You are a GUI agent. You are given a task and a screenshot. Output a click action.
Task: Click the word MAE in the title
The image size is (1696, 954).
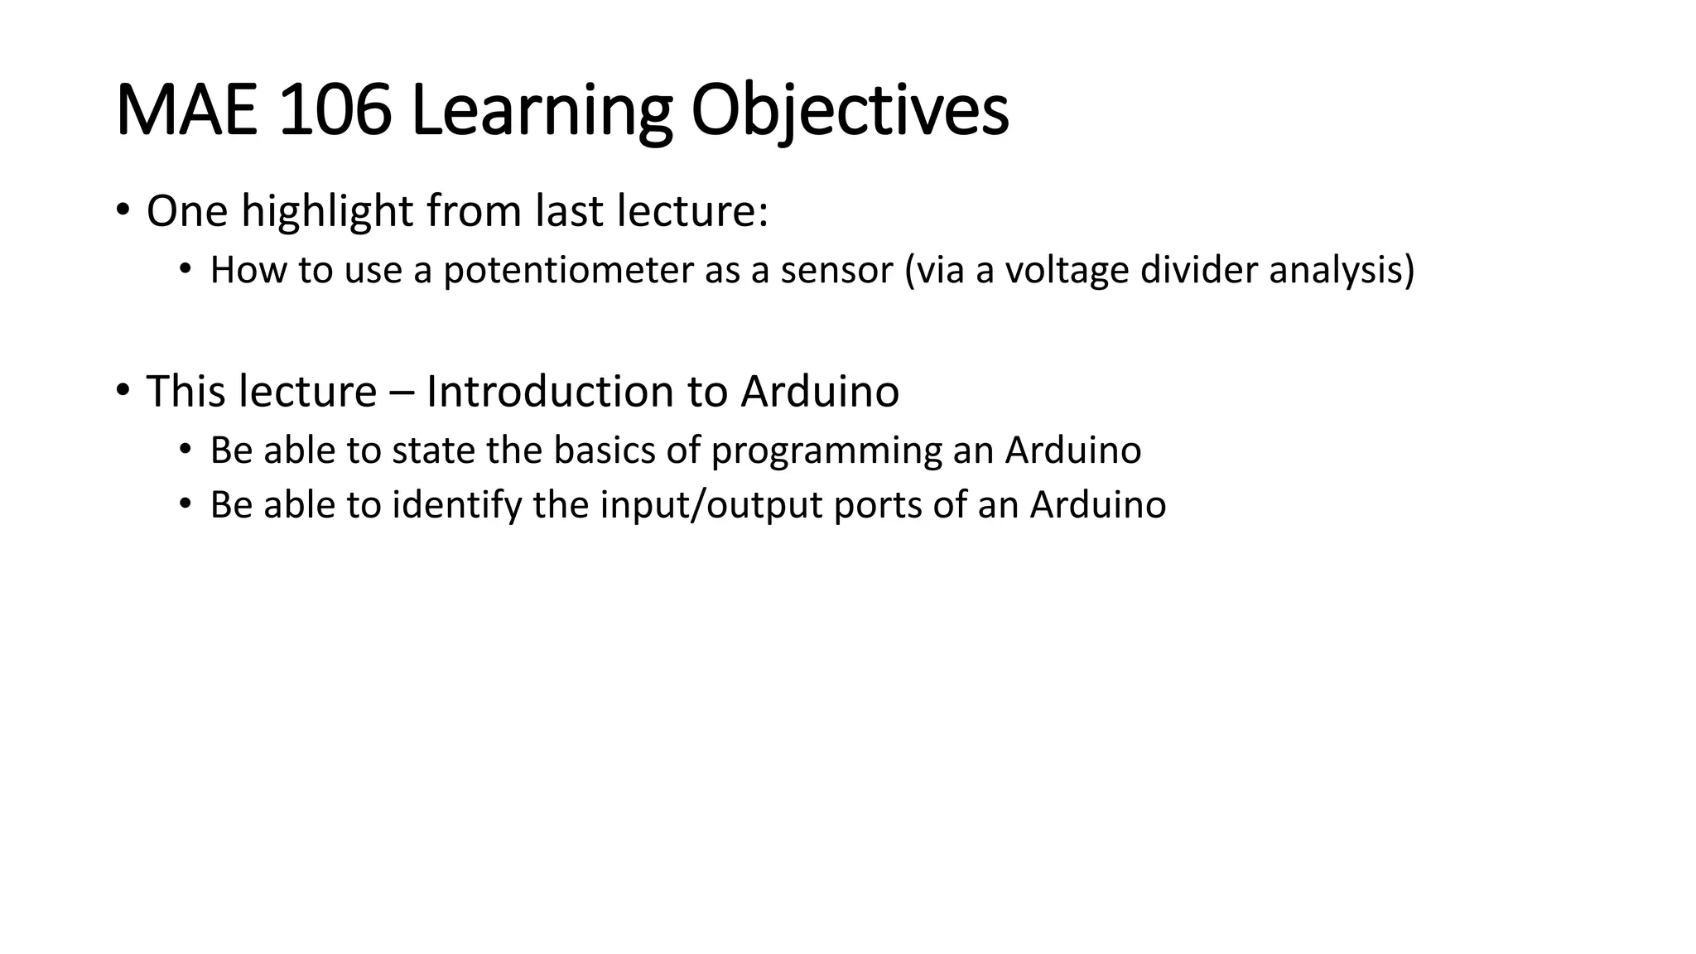(190, 112)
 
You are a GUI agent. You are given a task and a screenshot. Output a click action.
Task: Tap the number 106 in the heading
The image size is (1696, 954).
(335, 112)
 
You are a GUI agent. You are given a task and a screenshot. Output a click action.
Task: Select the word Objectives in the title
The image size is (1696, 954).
(850, 112)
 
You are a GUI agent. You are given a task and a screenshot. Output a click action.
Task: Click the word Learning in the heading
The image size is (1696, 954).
(540, 112)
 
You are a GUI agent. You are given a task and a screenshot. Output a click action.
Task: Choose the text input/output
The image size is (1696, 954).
(711, 505)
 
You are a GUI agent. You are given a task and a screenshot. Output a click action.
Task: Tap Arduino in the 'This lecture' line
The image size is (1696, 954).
(819, 391)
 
